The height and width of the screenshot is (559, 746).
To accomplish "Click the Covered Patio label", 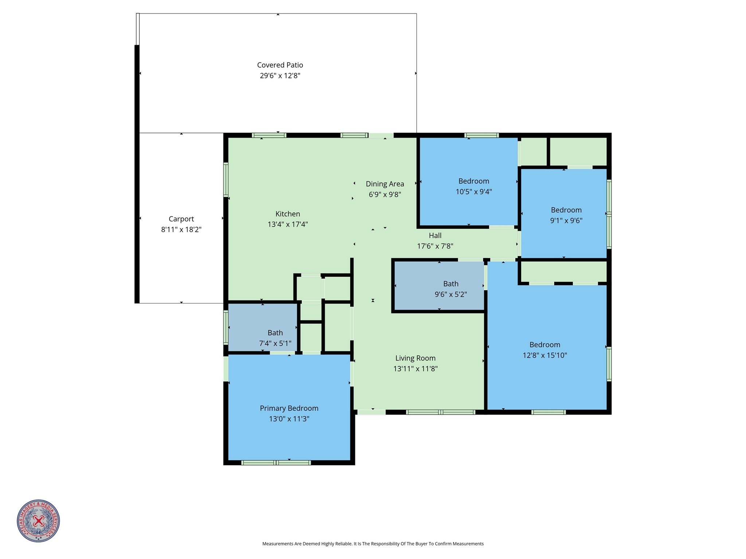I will [280, 65].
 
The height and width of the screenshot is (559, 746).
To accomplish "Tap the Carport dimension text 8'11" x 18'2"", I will [181, 229].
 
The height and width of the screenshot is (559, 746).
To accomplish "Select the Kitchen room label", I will [288, 214].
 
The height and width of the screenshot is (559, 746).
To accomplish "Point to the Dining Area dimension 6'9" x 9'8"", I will [385, 194].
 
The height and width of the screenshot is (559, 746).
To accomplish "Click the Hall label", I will [435, 236].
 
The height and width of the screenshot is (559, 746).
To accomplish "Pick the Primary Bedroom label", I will [289, 408].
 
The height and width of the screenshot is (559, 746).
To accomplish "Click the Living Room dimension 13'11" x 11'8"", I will [415, 369].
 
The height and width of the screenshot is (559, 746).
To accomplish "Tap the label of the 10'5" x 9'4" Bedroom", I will [474, 181].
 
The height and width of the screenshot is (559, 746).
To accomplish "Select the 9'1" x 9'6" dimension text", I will [566, 220].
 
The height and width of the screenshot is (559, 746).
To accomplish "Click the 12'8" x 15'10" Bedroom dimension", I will [545, 355].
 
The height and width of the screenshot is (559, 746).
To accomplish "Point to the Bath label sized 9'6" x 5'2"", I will [451, 284].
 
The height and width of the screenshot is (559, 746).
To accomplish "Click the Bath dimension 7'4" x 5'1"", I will [275, 343].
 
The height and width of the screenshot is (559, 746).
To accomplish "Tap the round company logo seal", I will [38, 521].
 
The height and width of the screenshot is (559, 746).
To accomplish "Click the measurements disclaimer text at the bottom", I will [373, 544].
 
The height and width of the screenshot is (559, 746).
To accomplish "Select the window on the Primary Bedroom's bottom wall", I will [276, 463].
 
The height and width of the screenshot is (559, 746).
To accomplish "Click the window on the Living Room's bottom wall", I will [441, 412].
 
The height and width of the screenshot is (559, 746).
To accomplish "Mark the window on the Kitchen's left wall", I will [226, 180].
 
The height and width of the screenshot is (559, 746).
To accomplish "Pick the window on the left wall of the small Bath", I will [226, 327].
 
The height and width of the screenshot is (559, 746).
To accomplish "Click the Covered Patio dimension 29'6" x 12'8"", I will [280, 76].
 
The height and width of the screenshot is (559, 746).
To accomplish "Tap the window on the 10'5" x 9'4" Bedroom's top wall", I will [481, 135].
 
